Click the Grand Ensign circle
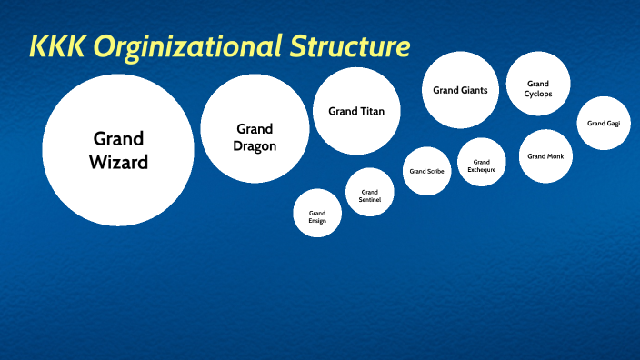coord(317,215)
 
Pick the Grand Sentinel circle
coord(370,192)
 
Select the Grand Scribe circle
coord(426,171)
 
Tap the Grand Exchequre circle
coord(482,162)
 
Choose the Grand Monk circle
coord(545,156)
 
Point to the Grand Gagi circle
coord(604,123)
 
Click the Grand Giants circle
coord(460,90)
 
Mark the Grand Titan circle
coord(356,111)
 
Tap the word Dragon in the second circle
coord(255,145)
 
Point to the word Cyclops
coord(538,94)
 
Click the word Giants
coord(474,90)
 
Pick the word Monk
coord(555,156)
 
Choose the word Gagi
coord(613,123)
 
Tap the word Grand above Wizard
coord(118,139)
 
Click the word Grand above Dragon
coord(255,129)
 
